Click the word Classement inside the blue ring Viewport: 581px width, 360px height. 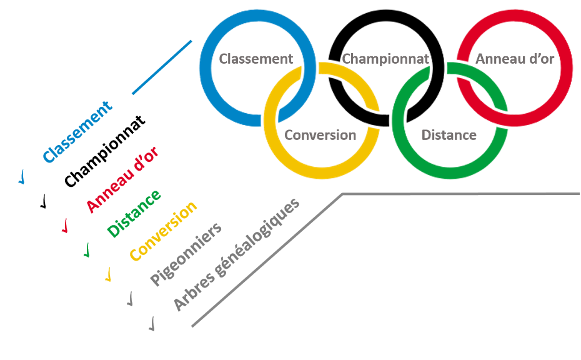coord(256,59)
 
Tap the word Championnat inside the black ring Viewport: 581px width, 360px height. coord(385,59)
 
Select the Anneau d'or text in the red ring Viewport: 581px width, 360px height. coord(515,59)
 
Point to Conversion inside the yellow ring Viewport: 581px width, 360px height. coord(320,135)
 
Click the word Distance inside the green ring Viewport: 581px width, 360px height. coord(449,135)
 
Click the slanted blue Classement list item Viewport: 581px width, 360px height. coord(77,132)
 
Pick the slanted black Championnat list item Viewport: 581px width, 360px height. coord(105,151)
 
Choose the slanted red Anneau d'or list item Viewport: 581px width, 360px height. coord(122,179)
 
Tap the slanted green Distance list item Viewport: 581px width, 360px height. coord(134,214)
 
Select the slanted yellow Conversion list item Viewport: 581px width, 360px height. coord(163,231)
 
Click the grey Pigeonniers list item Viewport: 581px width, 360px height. coord(186,254)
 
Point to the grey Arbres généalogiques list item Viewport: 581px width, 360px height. coord(236,254)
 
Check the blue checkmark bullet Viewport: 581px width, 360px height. coord(22,177)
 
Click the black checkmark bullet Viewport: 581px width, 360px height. coord(44,201)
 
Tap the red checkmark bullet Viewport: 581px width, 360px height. coord(65,226)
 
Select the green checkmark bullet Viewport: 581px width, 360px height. coord(87,250)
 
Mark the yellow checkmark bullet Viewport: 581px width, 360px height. coord(109,274)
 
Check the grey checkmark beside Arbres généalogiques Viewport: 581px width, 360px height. coord(152,324)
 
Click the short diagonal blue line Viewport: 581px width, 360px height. coord(162,67)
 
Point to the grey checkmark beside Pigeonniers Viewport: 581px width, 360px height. coord(130,299)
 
